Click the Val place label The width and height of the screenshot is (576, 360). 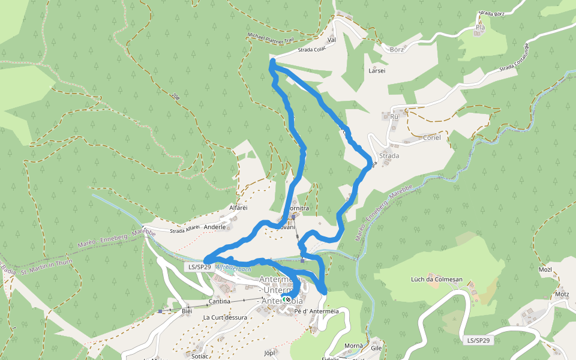(331, 40)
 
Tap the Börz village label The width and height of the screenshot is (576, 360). (397, 49)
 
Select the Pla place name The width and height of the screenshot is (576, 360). (479, 27)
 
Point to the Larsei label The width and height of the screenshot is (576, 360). (376, 70)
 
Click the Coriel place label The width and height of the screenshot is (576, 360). (431, 137)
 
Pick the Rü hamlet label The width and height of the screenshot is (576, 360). (394, 116)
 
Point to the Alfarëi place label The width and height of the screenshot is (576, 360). (238, 208)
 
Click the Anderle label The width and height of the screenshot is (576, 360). (215, 227)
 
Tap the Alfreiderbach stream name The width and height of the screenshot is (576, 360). (233, 269)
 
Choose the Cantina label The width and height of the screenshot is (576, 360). (219, 301)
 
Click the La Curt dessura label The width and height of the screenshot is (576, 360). (224, 317)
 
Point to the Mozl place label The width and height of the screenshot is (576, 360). (545, 269)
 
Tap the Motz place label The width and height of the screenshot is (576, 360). (562, 294)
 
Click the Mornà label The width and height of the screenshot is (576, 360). (353, 346)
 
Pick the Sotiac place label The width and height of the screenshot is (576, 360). (200, 356)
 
